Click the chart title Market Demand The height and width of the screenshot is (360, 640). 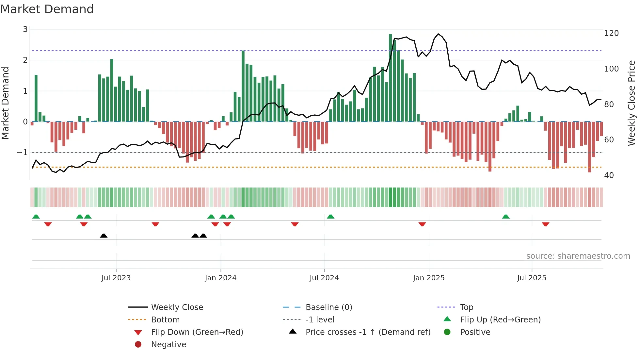pyautogui.click(x=47, y=9)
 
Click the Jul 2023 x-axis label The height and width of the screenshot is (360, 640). pyautogui.click(x=116, y=278)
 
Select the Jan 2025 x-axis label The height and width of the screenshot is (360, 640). pyautogui.click(x=428, y=278)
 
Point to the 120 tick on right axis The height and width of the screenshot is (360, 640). pyautogui.click(x=611, y=33)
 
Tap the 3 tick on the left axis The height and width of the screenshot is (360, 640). pyautogui.click(x=25, y=29)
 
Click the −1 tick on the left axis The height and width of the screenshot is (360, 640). pyautogui.click(x=22, y=153)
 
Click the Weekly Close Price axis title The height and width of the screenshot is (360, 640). pyautogui.click(x=632, y=103)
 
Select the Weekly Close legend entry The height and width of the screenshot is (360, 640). pyautogui.click(x=177, y=307)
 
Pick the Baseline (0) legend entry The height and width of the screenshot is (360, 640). pyautogui.click(x=328, y=307)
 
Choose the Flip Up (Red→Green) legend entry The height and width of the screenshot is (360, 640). pyautogui.click(x=500, y=320)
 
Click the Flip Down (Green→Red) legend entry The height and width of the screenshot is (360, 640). pyautogui.click(x=197, y=332)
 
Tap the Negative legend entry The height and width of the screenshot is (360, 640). pyautogui.click(x=168, y=345)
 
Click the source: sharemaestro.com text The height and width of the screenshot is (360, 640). pyautogui.click(x=578, y=256)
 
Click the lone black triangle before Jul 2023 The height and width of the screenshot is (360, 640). pyautogui.click(x=104, y=236)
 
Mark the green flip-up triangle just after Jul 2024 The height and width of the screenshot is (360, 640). pyautogui.click(x=330, y=217)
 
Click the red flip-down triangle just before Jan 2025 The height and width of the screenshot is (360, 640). pyautogui.click(x=422, y=224)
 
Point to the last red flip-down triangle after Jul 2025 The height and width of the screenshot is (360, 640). pyautogui.click(x=545, y=224)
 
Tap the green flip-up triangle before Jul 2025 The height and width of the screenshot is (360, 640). pyautogui.click(x=505, y=217)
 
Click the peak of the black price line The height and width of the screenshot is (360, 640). pyautogui.click(x=438, y=34)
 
